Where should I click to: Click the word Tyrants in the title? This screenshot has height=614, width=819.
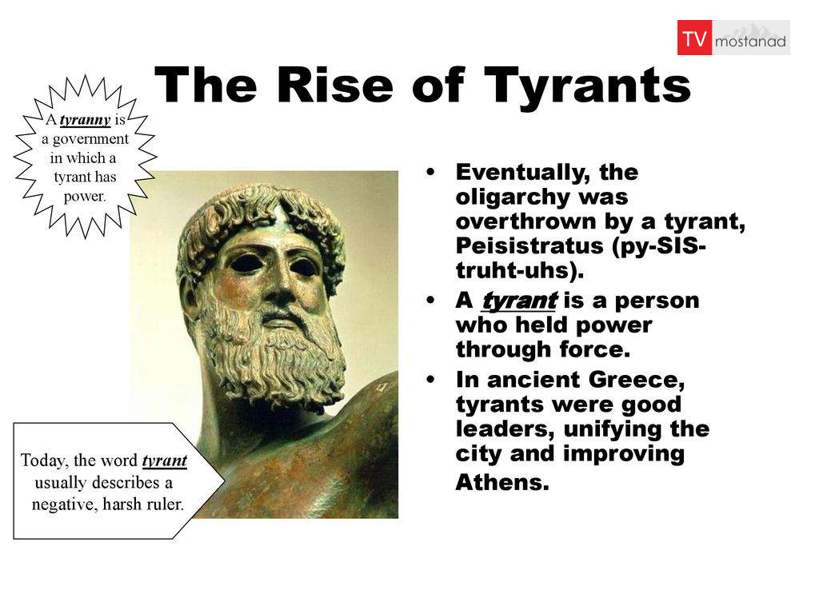[x=587, y=86]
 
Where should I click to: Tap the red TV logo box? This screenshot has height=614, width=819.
[x=694, y=38]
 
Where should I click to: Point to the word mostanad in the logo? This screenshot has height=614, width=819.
[x=750, y=42]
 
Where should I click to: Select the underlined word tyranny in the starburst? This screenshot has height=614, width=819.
[x=85, y=120]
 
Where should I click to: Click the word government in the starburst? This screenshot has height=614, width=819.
[x=90, y=139]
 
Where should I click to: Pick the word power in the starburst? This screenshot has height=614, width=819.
[x=84, y=197]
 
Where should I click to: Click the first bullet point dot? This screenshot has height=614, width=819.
[x=430, y=171]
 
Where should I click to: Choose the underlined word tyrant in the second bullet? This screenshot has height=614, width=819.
[x=520, y=301]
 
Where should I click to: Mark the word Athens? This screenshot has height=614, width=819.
[x=502, y=482]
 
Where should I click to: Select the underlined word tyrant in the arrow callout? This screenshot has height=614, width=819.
[x=165, y=460]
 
